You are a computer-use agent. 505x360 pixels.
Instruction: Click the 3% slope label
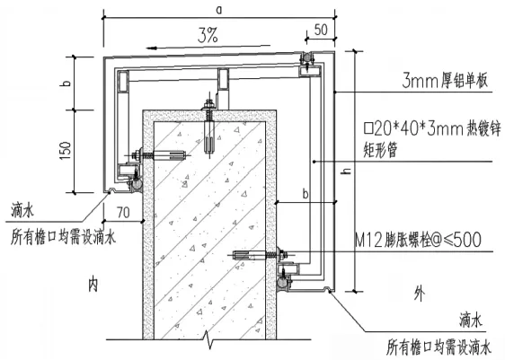(x=208, y=35)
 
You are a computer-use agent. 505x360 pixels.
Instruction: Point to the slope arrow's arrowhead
(x=151, y=48)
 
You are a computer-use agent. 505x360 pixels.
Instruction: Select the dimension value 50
(x=321, y=30)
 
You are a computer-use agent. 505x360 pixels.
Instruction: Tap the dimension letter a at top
(x=219, y=10)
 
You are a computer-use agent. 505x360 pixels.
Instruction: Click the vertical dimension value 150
(x=66, y=151)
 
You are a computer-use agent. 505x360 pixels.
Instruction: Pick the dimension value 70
(x=123, y=213)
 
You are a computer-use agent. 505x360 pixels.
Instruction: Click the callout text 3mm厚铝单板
(x=445, y=81)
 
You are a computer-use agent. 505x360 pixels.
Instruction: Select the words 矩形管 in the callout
(x=380, y=149)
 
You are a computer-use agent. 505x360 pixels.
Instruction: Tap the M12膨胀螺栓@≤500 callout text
(x=418, y=240)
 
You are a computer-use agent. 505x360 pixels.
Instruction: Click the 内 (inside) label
(x=93, y=285)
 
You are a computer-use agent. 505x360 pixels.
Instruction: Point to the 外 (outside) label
(x=419, y=294)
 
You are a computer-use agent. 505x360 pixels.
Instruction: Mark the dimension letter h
(x=347, y=170)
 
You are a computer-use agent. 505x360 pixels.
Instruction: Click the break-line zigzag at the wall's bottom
(x=208, y=339)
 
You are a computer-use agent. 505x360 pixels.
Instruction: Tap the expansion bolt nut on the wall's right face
(x=283, y=255)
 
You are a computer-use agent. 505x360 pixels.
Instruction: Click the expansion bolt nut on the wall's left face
(x=138, y=155)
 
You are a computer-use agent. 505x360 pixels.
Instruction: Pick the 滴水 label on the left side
(x=22, y=210)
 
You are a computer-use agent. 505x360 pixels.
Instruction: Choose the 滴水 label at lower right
(x=471, y=320)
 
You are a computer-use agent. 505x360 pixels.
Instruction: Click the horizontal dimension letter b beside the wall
(x=306, y=194)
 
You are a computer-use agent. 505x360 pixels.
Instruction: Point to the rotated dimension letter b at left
(x=66, y=83)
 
